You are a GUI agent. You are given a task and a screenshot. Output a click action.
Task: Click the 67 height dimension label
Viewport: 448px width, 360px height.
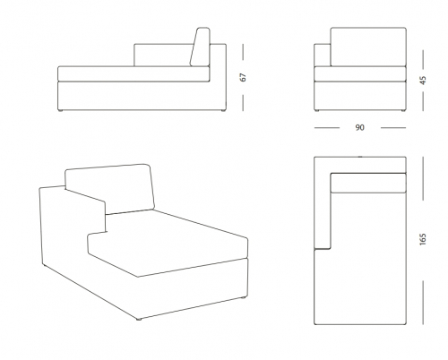click(244, 77)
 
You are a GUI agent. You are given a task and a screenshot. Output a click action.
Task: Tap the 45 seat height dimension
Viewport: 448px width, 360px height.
click(423, 81)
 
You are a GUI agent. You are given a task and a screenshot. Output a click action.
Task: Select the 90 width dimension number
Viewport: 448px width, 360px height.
click(360, 127)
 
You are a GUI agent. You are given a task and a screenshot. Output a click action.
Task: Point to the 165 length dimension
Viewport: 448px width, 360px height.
click(423, 239)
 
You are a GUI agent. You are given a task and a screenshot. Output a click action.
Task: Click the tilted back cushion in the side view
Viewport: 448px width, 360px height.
click(200, 47)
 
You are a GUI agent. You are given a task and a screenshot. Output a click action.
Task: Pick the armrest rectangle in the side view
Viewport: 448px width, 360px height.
click(163, 56)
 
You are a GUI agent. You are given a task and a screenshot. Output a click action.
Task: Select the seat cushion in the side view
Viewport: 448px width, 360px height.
click(134, 73)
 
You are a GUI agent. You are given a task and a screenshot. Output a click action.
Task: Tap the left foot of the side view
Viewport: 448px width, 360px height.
click(61, 111)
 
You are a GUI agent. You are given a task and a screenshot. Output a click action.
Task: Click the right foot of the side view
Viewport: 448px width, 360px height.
click(222, 111)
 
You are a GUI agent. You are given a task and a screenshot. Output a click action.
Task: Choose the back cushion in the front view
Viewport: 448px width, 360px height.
click(368, 47)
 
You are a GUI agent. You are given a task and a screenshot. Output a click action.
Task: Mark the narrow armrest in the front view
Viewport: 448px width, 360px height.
click(323, 55)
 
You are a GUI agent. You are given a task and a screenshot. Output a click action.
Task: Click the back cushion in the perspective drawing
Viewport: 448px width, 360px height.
click(110, 189)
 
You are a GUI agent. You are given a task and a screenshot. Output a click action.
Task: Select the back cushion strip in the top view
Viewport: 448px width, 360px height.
click(368, 183)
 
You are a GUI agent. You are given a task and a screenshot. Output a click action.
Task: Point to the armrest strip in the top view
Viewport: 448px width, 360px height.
click(323, 203)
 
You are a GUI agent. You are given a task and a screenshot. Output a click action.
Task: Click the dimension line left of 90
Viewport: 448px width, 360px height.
click(327, 128)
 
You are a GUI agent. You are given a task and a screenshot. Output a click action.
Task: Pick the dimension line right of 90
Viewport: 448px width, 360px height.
click(393, 128)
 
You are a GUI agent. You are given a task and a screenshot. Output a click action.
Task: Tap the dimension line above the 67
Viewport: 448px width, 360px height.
click(243, 52)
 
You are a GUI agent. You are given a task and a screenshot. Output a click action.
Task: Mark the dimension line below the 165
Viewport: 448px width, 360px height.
click(423, 302)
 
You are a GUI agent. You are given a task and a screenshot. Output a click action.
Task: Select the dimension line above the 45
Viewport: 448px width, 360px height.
click(423, 59)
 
